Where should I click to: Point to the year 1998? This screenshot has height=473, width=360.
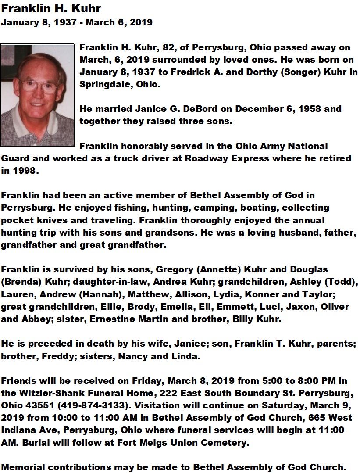coord(25,170)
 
